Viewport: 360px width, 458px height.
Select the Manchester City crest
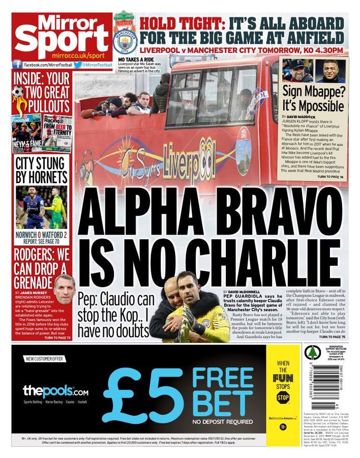125,41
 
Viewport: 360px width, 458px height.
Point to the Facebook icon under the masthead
17,65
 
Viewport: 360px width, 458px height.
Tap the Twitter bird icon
78,65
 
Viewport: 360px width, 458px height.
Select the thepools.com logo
55,391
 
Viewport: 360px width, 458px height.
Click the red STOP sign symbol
283,397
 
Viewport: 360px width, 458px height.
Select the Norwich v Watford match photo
41,208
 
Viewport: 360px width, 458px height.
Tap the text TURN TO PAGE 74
330,177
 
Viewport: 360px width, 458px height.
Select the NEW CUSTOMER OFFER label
44,359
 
